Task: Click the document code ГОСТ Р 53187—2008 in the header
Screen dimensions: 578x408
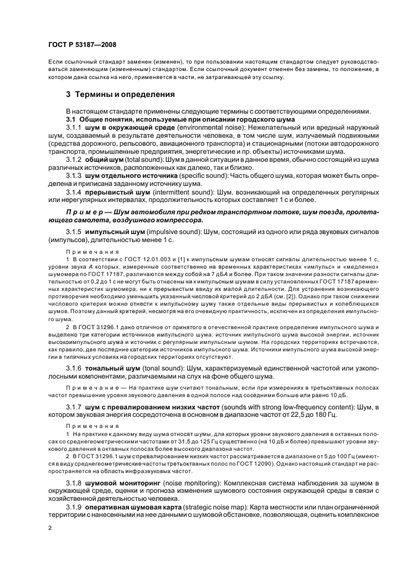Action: [x=82, y=45]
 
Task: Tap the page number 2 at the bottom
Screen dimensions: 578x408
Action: [x=49, y=529]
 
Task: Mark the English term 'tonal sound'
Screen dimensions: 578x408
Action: [x=157, y=368]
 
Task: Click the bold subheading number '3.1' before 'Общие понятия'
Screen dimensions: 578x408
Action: [x=70, y=118]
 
